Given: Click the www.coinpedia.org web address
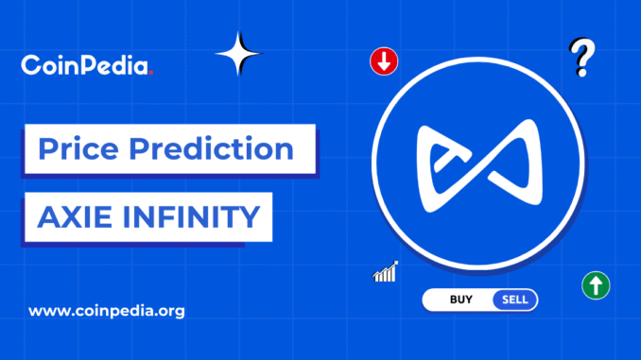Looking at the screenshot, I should (x=107, y=310).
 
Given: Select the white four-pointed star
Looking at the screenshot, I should (x=238, y=55).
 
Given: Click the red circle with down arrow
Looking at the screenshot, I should (x=384, y=62).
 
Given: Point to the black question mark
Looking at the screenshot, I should (x=583, y=57).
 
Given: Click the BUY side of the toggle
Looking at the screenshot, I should (x=461, y=300).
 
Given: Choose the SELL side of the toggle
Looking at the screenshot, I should (x=514, y=300).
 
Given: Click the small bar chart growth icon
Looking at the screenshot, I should (x=385, y=273).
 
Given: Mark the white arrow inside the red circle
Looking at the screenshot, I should (x=384, y=62).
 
